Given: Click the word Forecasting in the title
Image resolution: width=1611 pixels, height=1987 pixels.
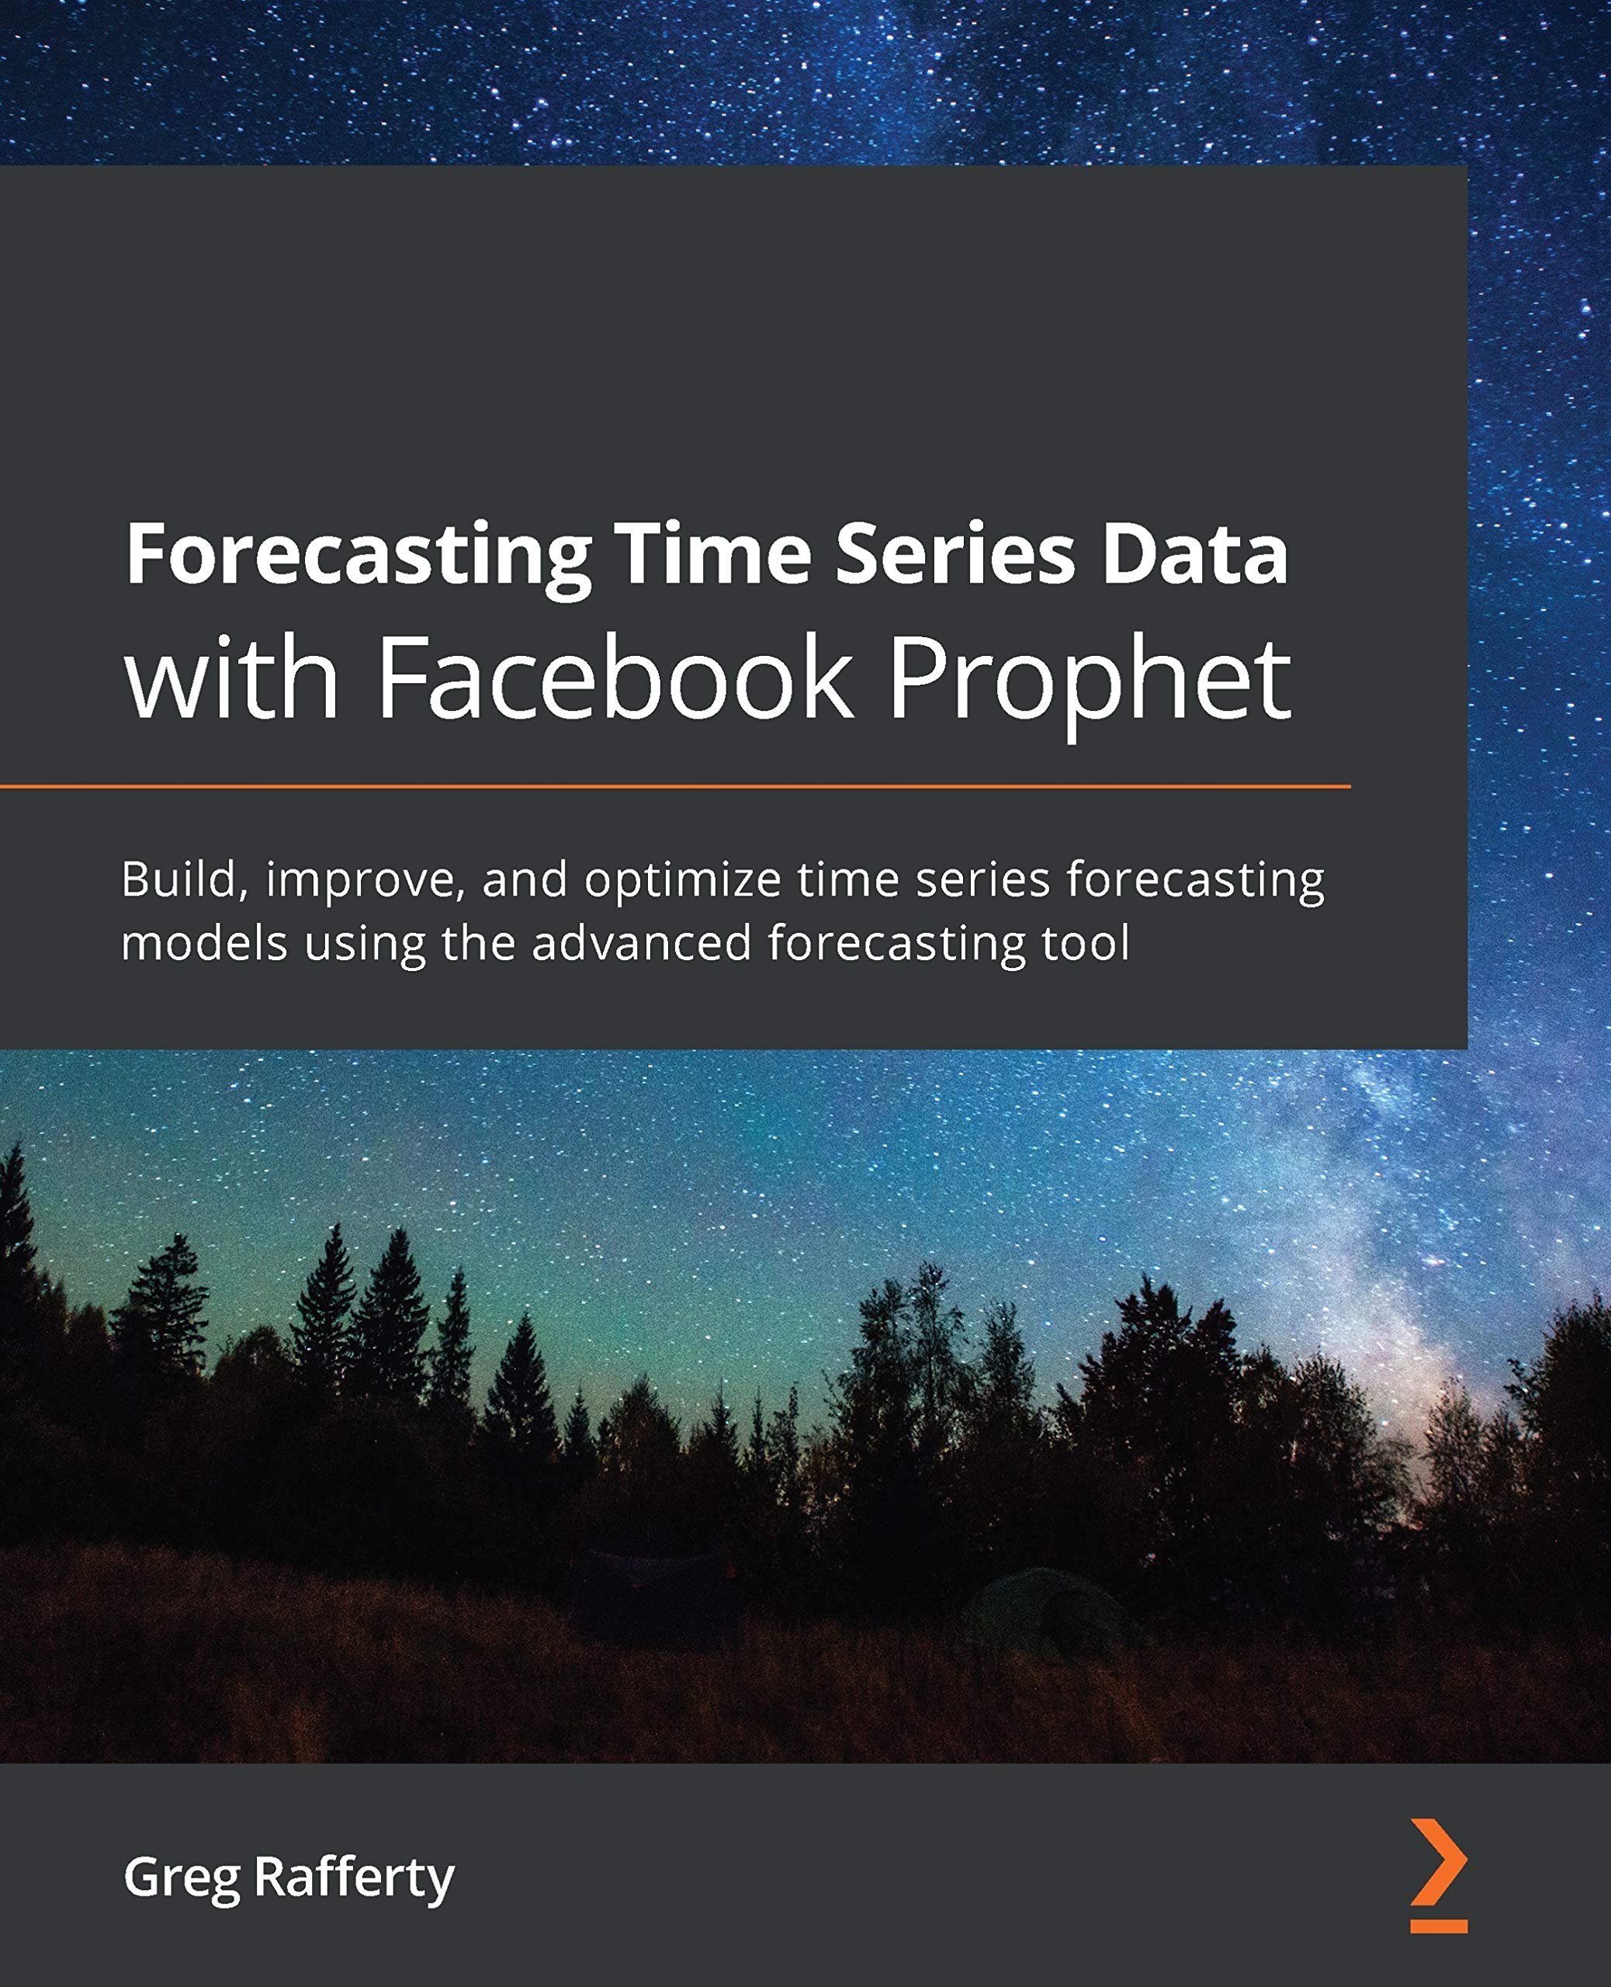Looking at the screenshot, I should coord(359,556).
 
